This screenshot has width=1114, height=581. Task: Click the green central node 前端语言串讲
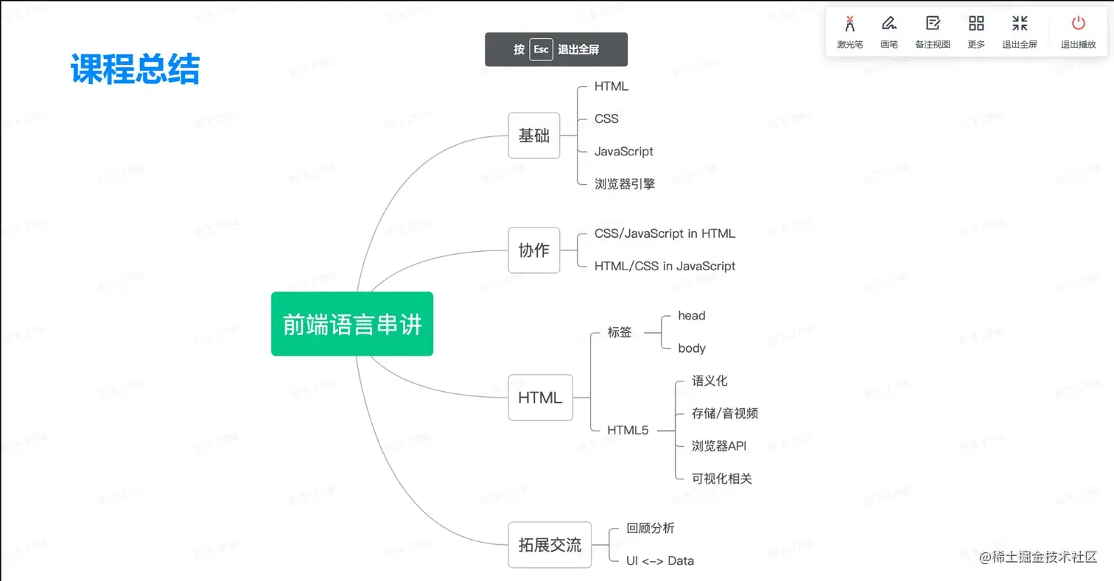click(352, 324)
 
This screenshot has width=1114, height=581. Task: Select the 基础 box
click(534, 135)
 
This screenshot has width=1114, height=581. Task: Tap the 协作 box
click(534, 250)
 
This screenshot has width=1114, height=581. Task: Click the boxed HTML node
click(540, 398)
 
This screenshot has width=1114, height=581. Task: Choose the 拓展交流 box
click(550, 545)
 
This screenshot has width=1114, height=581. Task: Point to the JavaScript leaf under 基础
click(624, 151)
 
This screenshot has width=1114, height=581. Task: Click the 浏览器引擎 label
click(625, 184)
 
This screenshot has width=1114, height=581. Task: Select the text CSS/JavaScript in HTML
click(665, 233)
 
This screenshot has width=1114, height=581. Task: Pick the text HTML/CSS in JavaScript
click(665, 266)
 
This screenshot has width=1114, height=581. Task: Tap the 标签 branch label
click(620, 332)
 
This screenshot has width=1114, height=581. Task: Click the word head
click(692, 315)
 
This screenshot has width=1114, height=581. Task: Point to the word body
click(692, 348)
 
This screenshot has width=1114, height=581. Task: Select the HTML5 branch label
click(628, 430)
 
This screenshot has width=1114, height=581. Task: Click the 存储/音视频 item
click(725, 413)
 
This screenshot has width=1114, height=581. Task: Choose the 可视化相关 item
click(722, 479)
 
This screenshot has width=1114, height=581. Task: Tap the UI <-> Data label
click(660, 560)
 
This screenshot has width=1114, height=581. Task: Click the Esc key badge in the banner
click(542, 49)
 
